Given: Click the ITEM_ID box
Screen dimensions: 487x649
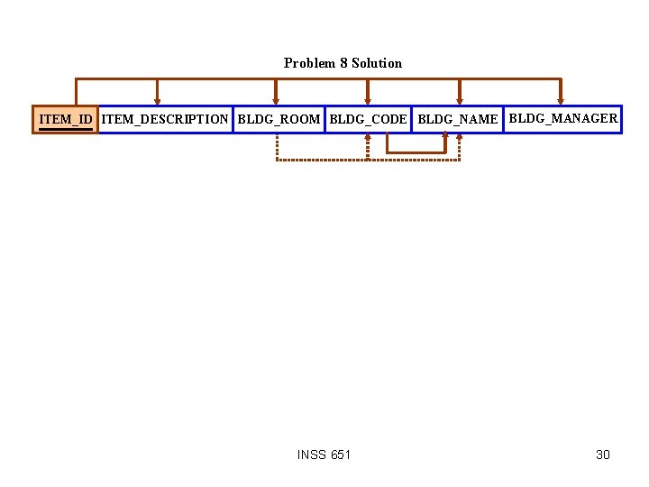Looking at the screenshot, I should [65, 119].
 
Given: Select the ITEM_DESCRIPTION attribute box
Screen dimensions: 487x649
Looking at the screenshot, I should [165, 119].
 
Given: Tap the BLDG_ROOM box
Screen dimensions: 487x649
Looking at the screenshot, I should [279, 119].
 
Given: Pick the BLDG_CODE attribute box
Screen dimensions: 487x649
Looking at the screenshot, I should [368, 119].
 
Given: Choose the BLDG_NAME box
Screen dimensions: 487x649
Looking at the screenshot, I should [458, 119].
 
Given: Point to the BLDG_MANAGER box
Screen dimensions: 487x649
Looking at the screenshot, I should [563, 118].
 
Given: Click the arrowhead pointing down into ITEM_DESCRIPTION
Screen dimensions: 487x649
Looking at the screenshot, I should [158, 101].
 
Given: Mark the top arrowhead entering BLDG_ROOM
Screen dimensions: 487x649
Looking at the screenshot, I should [276, 101].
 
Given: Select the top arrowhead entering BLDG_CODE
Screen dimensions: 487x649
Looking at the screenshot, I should [368, 101].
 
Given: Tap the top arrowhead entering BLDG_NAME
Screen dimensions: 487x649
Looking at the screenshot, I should [460, 101].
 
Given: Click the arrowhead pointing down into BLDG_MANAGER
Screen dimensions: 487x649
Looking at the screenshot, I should [561, 101].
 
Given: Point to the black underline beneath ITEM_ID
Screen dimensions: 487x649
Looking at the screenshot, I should [65, 129].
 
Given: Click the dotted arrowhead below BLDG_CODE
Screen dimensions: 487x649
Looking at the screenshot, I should [368, 137].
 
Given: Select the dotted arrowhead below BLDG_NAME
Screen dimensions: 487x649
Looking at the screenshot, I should [460, 137].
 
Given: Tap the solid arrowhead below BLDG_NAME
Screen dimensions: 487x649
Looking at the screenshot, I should [445, 137].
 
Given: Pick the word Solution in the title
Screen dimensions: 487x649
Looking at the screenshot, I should [377, 63].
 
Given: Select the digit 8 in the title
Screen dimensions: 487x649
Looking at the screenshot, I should [343, 63].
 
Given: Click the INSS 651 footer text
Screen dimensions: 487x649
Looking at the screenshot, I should [324, 455].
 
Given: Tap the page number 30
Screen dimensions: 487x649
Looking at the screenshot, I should [603, 455].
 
